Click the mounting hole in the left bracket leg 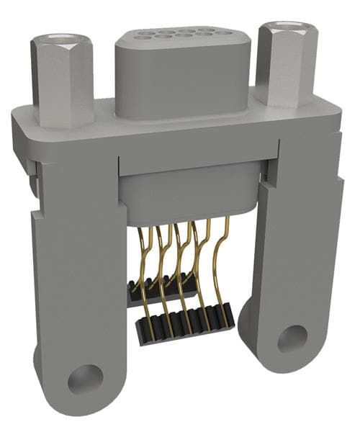(86, 378)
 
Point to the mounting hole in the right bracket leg (292, 338)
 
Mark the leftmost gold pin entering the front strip (146, 302)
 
